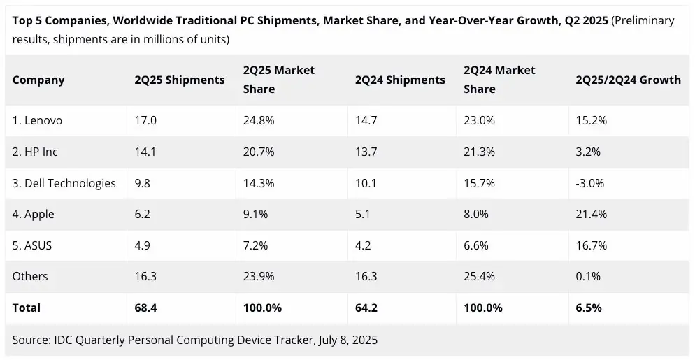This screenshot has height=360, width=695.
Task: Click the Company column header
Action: [38, 80]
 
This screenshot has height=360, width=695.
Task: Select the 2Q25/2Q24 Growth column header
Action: [628, 80]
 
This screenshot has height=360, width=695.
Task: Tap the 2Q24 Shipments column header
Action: [400, 80]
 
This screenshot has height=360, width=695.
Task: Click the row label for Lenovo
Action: [37, 120]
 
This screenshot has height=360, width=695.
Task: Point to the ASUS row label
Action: [32, 245]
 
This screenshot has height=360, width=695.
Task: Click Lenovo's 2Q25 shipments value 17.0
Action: [145, 120]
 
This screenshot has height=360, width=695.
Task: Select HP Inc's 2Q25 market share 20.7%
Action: [259, 152]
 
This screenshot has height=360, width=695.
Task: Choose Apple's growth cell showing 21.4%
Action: [591, 215]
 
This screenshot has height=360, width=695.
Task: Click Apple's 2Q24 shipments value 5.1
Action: [363, 215]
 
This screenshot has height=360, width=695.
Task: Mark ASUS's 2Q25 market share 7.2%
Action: [256, 245]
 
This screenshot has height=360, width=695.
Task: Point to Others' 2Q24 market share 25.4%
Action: [479, 276]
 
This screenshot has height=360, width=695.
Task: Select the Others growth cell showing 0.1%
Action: [588, 276]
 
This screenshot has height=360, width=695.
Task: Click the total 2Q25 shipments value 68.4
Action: [146, 308]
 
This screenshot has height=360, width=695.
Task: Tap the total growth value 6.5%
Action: [589, 308]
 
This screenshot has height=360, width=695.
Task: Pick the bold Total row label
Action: [27, 308]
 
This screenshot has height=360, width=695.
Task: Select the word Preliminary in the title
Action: [643, 20]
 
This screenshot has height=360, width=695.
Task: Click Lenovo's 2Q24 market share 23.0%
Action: [479, 120]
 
